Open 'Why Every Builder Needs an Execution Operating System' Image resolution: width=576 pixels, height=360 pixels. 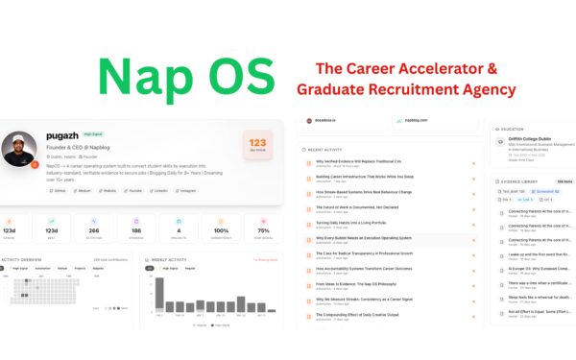pos(365,237)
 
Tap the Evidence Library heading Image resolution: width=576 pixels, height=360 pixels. pos(518,180)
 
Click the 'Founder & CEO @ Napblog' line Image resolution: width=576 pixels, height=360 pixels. pos(82,147)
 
